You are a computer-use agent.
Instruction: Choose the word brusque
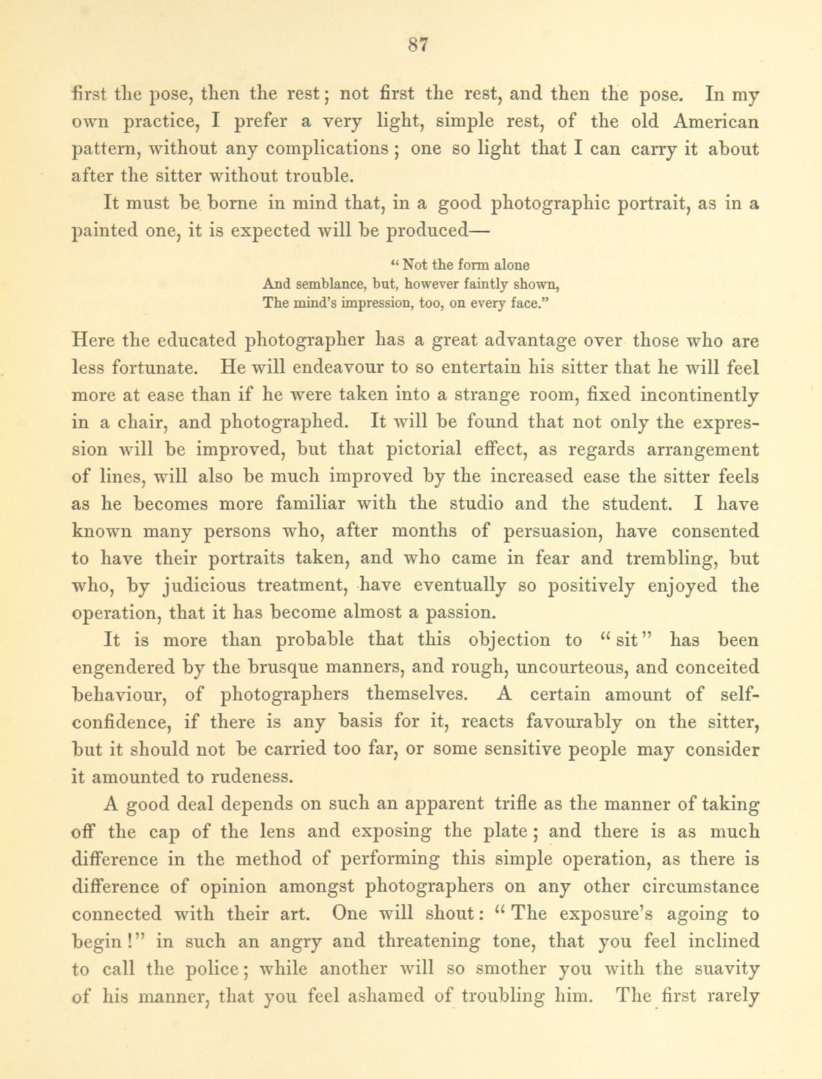(283, 667)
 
